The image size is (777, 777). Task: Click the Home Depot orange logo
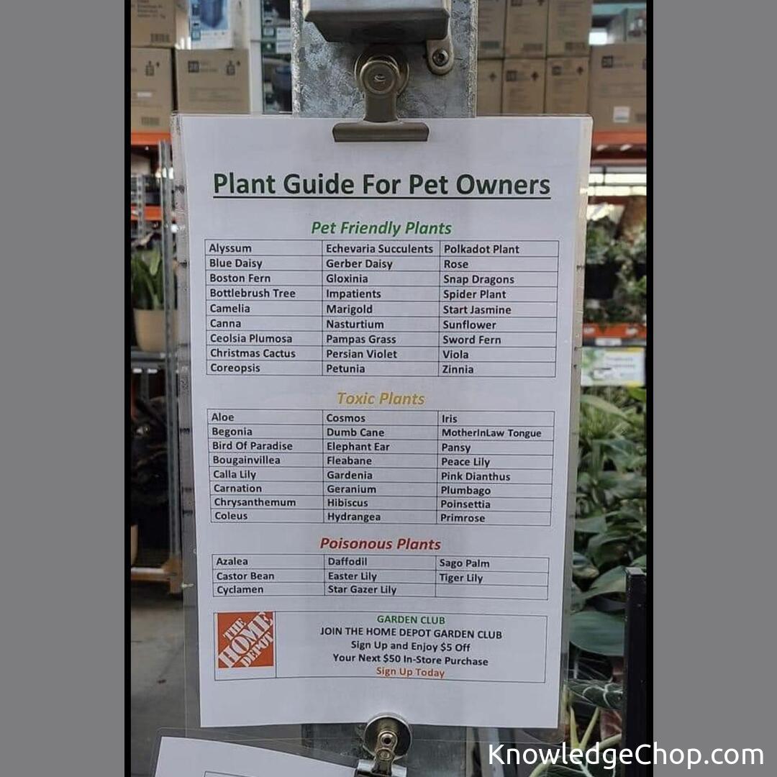tap(246, 640)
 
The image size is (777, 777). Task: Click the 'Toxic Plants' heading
tap(381, 399)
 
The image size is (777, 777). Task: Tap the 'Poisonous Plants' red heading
tap(380, 544)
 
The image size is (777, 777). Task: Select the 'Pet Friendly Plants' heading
tap(381, 228)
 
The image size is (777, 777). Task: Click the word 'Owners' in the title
tap(502, 185)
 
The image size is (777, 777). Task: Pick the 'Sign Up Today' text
tap(410, 672)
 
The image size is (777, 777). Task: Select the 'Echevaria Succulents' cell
tap(379, 249)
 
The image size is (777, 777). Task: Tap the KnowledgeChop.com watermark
tap(625, 755)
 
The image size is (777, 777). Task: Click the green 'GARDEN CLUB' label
tap(411, 620)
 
